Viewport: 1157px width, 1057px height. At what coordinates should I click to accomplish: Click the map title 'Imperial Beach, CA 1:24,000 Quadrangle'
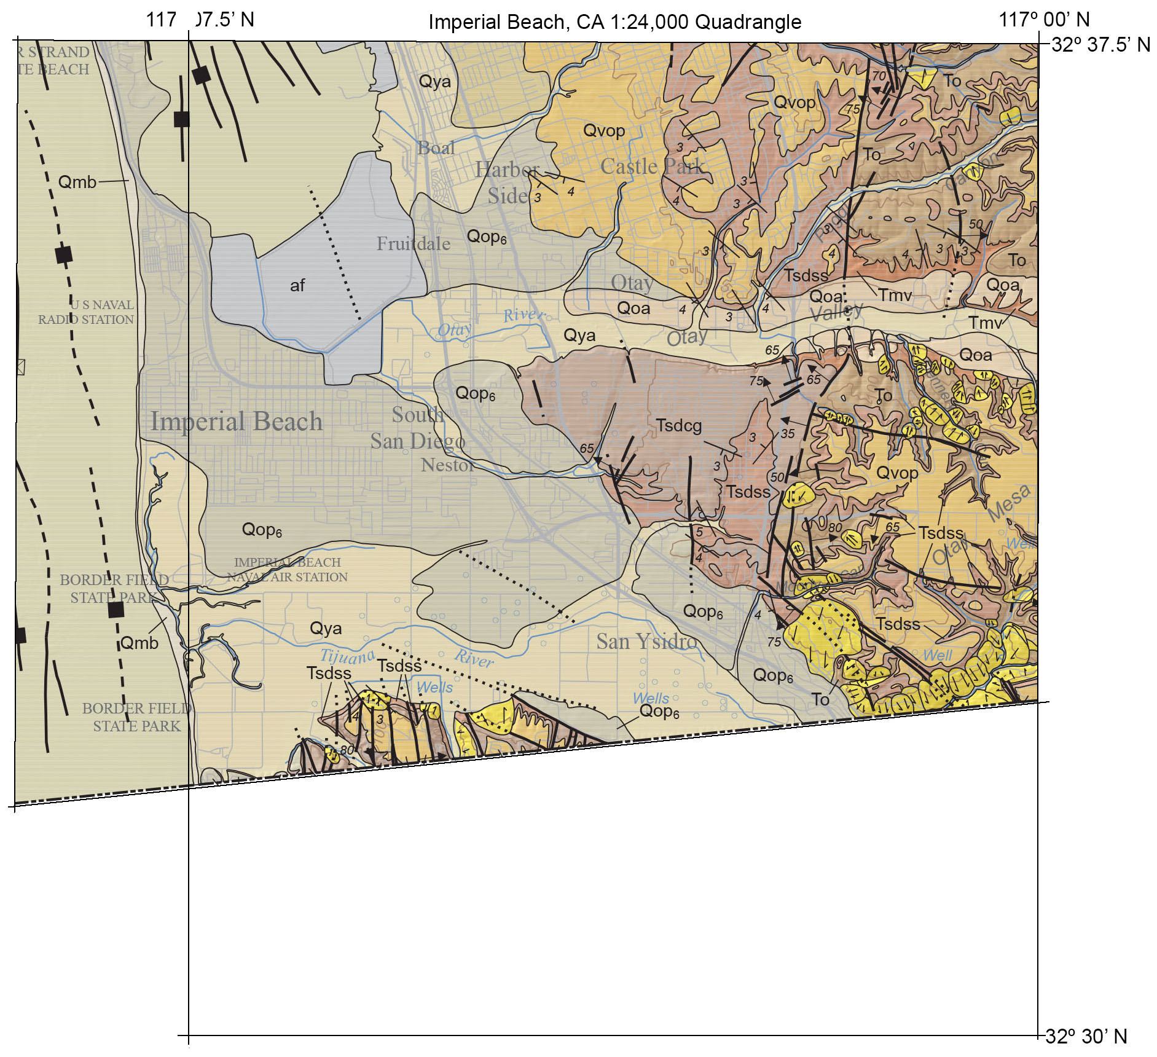614,23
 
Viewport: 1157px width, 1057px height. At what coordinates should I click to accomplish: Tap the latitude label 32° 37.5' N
1100,44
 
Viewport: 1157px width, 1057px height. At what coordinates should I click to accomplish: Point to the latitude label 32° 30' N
1086,1037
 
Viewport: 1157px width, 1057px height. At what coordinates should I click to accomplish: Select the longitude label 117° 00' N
1044,20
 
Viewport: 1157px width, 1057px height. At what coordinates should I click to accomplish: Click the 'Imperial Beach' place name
237,422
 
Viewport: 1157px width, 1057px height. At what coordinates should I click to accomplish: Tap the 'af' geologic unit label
297,286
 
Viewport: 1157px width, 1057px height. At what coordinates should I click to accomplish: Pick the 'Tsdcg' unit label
678,426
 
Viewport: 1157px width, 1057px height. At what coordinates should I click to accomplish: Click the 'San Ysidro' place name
646,642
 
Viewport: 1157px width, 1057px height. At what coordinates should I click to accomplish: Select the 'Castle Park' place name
652,167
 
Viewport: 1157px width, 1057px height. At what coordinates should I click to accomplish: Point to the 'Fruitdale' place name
414,245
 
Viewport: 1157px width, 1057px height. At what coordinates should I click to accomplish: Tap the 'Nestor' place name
447,465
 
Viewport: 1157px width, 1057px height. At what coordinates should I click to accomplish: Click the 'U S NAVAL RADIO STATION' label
86,312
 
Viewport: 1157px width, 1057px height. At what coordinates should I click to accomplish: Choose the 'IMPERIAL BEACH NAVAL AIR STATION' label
287,570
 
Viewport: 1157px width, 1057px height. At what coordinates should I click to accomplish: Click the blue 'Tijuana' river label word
347,656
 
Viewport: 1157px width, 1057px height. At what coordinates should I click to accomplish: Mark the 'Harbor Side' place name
507,183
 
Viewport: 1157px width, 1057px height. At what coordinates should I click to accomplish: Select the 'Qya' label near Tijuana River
326,629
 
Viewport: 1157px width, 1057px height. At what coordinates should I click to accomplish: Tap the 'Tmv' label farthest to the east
985,323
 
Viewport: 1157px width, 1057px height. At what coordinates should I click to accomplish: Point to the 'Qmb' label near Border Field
139,643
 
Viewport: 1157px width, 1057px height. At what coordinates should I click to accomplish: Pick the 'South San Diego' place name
418,428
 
